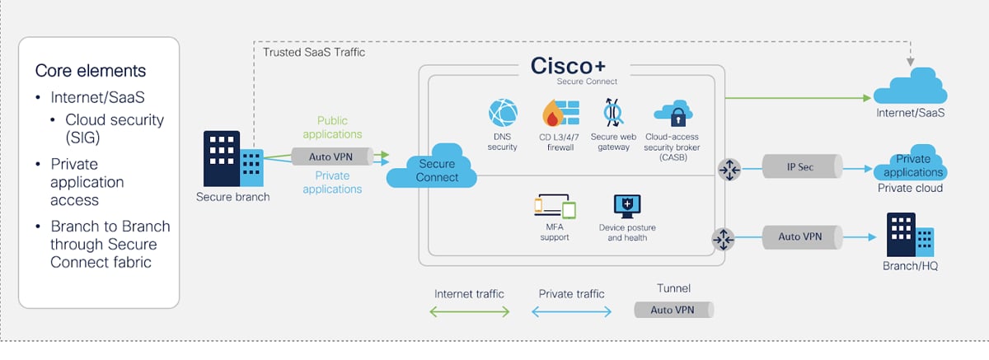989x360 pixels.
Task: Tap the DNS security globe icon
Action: click(x=502, y=114)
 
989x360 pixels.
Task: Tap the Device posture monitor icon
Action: click(x=626, y=205)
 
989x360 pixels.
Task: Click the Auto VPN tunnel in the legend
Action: click(x=673, y=310)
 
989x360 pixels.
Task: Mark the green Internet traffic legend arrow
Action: click(x=469, y=311)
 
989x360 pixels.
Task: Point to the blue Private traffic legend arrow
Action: click(x=571, y=311)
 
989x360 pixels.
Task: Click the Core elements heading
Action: click(x=90, y=70)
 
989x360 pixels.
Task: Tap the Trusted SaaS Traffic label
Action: click(x=313, y=52)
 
